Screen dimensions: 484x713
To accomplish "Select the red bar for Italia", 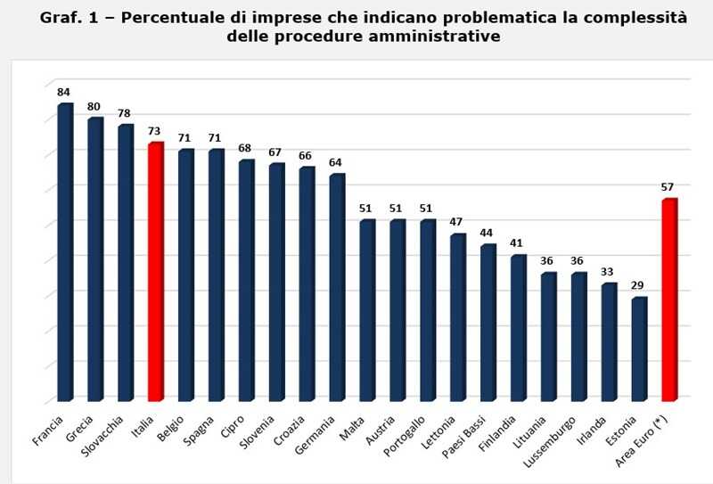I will click(x=156, y=271).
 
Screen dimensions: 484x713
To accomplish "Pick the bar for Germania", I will click(x=337, y=287).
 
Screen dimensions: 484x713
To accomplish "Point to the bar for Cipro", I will click(x=247, y=280).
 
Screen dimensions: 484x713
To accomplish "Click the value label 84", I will click(x=64, y=92).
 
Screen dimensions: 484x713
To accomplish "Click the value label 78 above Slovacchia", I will click(x=125, y=113).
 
